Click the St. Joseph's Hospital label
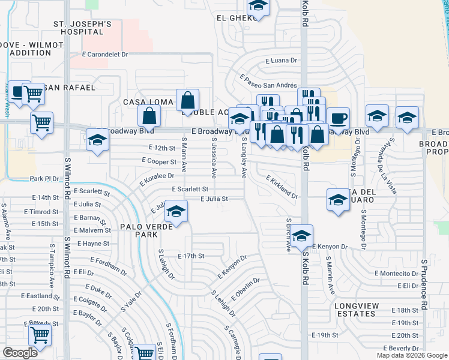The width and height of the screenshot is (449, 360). (x=82, y=29)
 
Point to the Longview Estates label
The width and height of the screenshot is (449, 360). (x=357, y=310)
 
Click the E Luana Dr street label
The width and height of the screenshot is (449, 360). (x=282, y=61)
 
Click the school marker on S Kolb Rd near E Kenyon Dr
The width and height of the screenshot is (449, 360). (x=303, y=236)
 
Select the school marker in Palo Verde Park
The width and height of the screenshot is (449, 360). (x=176, y=211)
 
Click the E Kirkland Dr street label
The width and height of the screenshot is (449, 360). (x=282, y=188)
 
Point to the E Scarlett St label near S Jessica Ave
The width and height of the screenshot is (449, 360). (x=190, y=189)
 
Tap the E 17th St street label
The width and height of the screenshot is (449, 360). (x=191, y=256)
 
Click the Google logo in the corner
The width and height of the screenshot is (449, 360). (x=20, y=353)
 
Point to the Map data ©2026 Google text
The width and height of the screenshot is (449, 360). (x=412, y=355)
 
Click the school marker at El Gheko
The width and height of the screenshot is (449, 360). (x=258, y=7)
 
